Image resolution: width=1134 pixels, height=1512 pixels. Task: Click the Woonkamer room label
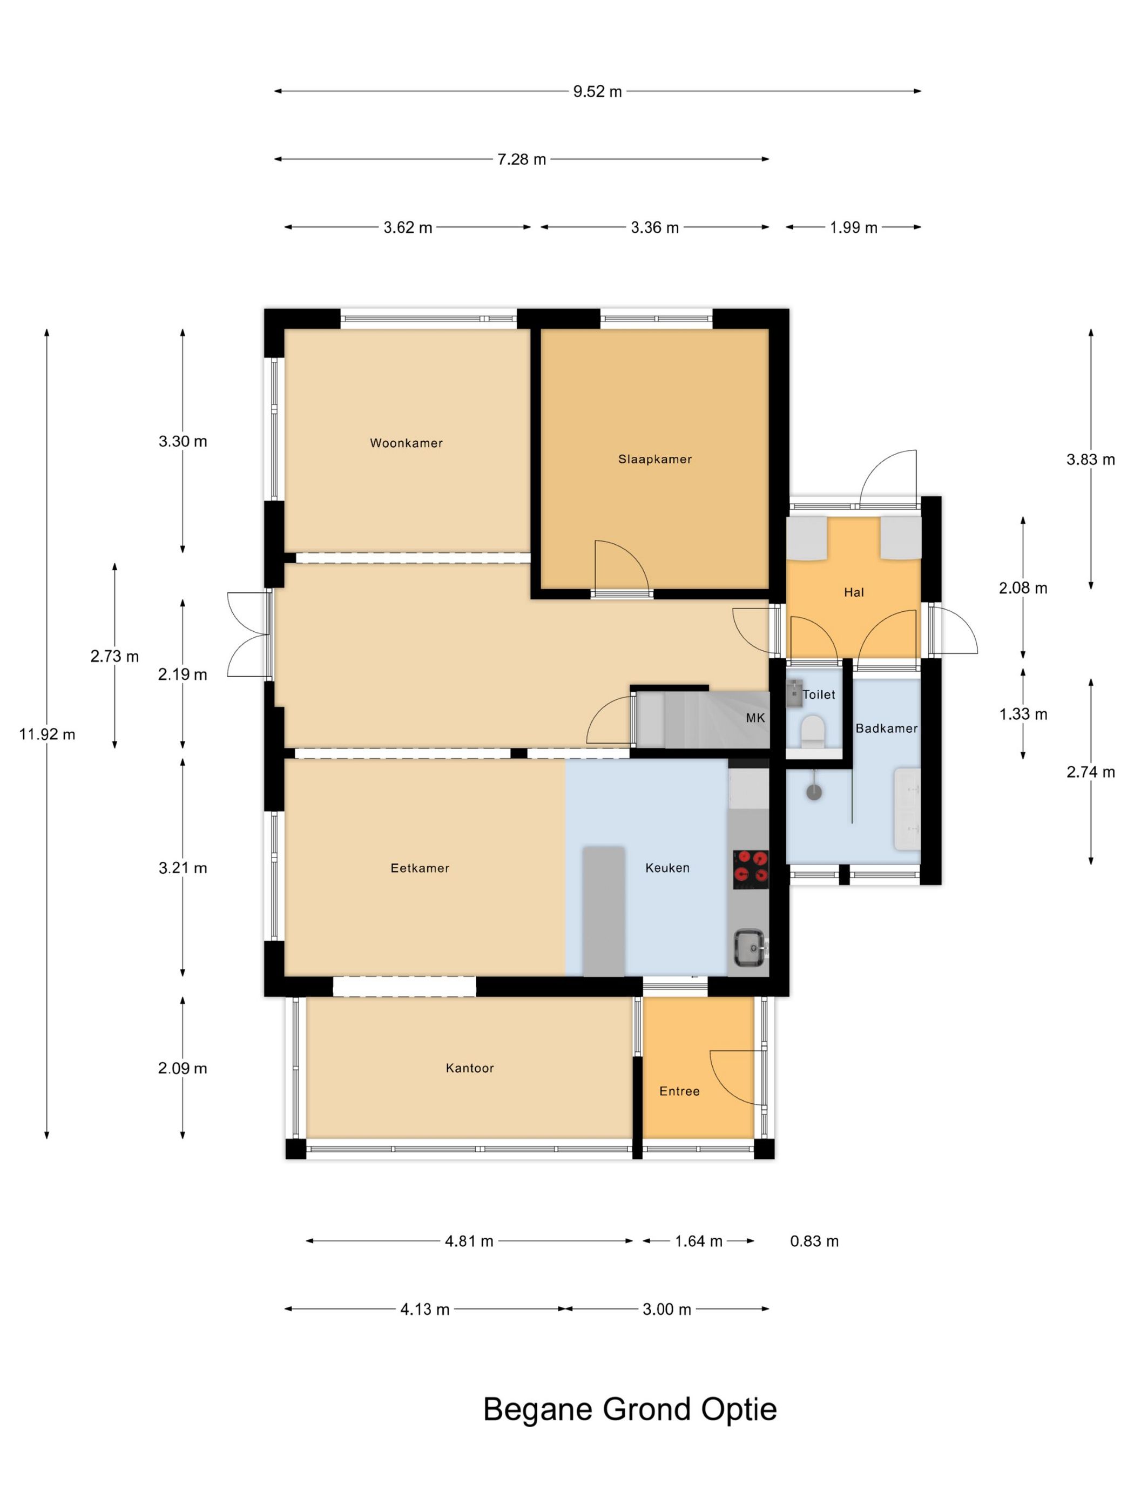click(x=406, y=443)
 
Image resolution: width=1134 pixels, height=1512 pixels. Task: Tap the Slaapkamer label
click(x=655, y=460)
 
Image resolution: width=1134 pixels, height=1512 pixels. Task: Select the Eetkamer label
click(x=420, y=868)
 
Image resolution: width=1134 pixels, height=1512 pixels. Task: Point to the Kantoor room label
click(x=470, y=1068)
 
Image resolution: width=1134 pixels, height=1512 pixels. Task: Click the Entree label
click(x=679, y=1091)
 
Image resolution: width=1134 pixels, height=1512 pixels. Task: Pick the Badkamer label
click(x=887, y=728)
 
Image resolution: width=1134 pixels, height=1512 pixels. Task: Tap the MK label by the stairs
click(x=755, y=718)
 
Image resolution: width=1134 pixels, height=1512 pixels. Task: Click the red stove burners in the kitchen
click(x=751, y=869)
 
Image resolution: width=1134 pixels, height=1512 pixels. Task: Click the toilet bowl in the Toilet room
click(x=813, y=731)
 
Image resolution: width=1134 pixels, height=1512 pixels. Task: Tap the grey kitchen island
click(x=604, y=911)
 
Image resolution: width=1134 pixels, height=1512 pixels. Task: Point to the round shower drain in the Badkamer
click(x=813, y=792)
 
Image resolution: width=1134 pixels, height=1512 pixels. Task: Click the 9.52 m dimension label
click(x=597, y=91)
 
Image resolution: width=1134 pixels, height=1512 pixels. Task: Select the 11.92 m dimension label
click(x=47, y=734)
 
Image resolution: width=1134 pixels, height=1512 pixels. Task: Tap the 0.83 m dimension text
click(x=814, y=1240)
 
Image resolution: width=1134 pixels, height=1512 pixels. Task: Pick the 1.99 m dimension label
click(x=853, y=227)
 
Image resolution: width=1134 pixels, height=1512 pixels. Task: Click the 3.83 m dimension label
click(x=1090, y=460)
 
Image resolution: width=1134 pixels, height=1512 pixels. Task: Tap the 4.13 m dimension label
click(x=424, y=1309)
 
